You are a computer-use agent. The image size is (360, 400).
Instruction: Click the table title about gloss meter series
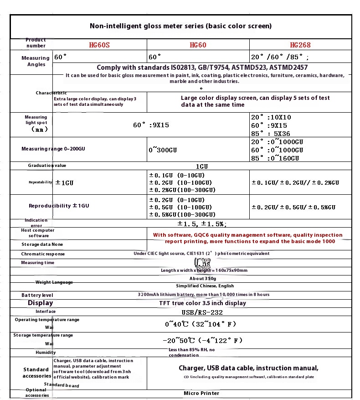(x=180, y=26)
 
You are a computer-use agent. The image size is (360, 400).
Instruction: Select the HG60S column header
(x=99, y=45)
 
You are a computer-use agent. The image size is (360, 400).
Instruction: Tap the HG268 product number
(x=300, y=45)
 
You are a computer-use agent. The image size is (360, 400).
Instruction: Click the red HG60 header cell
(x=198, y=45)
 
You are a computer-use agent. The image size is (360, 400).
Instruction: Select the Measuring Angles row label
(x=36, y=61)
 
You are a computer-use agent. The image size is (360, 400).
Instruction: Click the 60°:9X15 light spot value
(x=151, y=125)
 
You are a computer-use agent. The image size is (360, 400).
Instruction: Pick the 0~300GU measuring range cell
(x=163, y=150)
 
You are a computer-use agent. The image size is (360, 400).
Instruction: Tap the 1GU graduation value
(x=202, y=166)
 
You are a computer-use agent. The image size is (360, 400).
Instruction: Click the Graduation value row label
(x=47, y=166)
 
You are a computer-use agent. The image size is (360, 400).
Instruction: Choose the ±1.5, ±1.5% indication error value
(x=202, y=224)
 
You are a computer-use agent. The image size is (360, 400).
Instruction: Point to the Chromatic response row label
(x=43, y=254)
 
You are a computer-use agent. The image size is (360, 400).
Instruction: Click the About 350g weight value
(x=203, y=278)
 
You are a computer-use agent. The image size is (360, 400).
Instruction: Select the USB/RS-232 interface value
(x=202, y=312)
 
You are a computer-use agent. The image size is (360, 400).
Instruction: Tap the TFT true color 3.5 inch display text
(x=202, y=303)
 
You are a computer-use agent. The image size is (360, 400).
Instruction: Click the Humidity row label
(x=46, y=352)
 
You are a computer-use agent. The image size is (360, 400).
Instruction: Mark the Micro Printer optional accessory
(x=201, y=393)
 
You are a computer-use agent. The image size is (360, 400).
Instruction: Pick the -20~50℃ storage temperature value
(x=202, y=341)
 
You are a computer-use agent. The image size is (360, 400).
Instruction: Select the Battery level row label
(x=37, y=296)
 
